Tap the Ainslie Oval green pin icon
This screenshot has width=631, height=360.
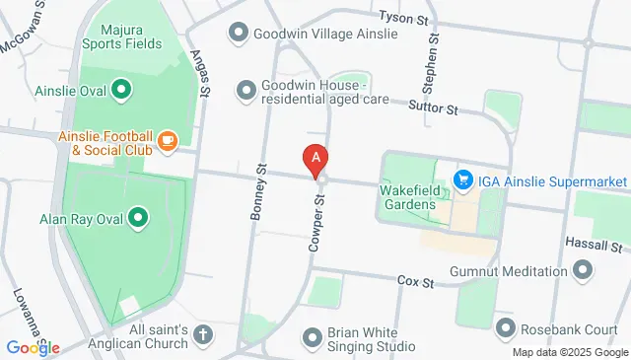121,93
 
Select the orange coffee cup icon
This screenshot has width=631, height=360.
167,142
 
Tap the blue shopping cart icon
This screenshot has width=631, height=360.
461,180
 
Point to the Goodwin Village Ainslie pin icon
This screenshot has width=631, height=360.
237,34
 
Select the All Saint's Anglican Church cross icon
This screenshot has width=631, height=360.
203,335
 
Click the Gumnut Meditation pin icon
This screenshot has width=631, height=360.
583,269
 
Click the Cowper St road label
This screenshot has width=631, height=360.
317,223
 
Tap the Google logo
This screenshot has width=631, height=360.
33,346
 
